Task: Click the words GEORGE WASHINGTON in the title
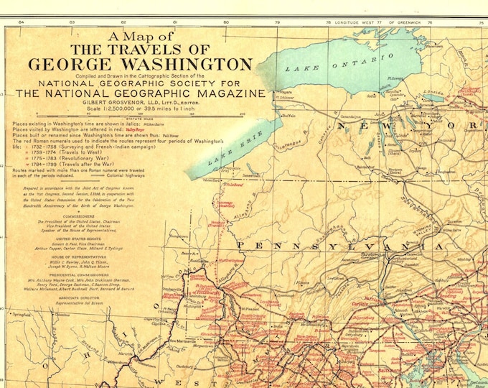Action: point(140,64)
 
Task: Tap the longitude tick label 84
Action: point(21,23)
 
